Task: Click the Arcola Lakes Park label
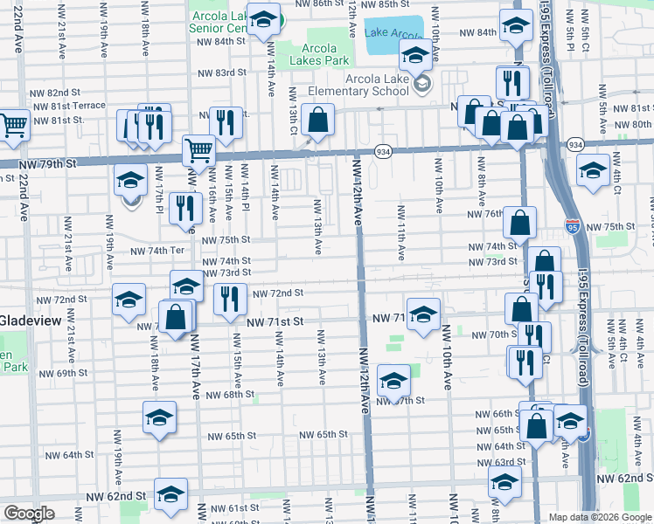pos(325,54)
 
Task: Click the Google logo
pos(29,514)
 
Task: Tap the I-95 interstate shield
pos(572,226)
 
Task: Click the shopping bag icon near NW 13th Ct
pos(318,120)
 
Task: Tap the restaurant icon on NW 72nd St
pos(229,298)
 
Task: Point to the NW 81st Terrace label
pos(69,106)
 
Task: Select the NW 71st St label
pos(275,322)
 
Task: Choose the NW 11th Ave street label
pos(401,232)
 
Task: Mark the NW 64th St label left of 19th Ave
pos(69,455)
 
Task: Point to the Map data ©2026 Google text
pos(599,517)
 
